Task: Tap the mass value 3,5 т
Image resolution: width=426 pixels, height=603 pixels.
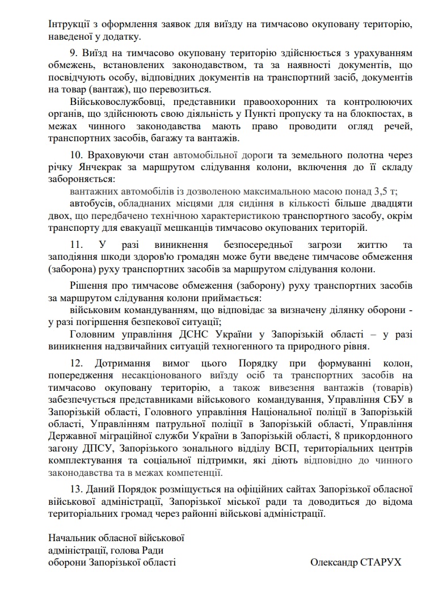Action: point(386,191)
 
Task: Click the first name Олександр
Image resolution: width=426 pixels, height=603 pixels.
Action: point(331,562)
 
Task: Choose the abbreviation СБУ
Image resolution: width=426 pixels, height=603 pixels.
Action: point(398,400)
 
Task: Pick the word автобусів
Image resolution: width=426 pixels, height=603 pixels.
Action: point(89,204)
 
